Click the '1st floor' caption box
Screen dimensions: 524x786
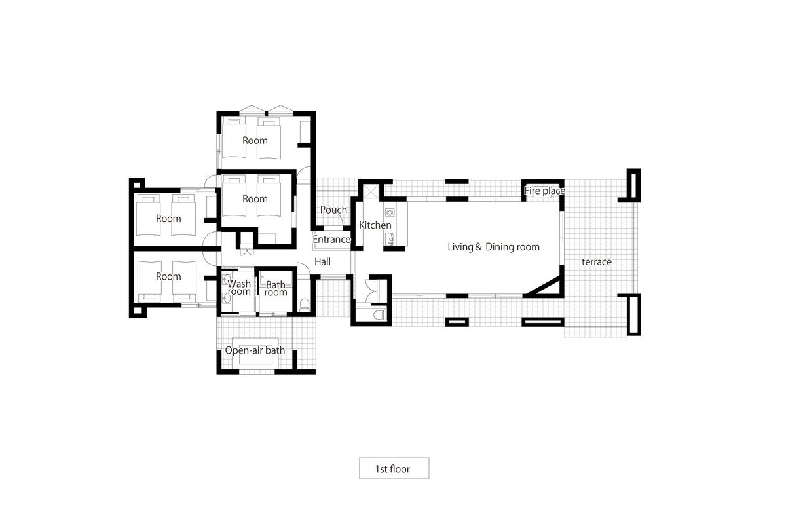[x=394, y=468]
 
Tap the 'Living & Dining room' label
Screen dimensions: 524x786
[x=493, y=247]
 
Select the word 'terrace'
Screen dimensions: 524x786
[x=596, y=262]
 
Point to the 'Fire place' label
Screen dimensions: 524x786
[x=544, y=191]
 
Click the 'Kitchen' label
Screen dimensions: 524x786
[x=375, y=225]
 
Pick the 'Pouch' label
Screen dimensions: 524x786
[x=333, y=210]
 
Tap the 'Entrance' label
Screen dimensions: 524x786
[x=331, y=240]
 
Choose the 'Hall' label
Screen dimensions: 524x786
[x=322, y=261]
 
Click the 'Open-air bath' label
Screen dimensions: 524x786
[x=255, y=350]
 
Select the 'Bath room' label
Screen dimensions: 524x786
[x=276, y=288]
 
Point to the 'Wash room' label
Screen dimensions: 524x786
[x=239, y=288]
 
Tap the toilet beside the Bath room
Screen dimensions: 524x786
[x=303, y=304]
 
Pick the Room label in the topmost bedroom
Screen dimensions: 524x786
[x=255, y=140]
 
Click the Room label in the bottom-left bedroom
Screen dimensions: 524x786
[x=168, y=276]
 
